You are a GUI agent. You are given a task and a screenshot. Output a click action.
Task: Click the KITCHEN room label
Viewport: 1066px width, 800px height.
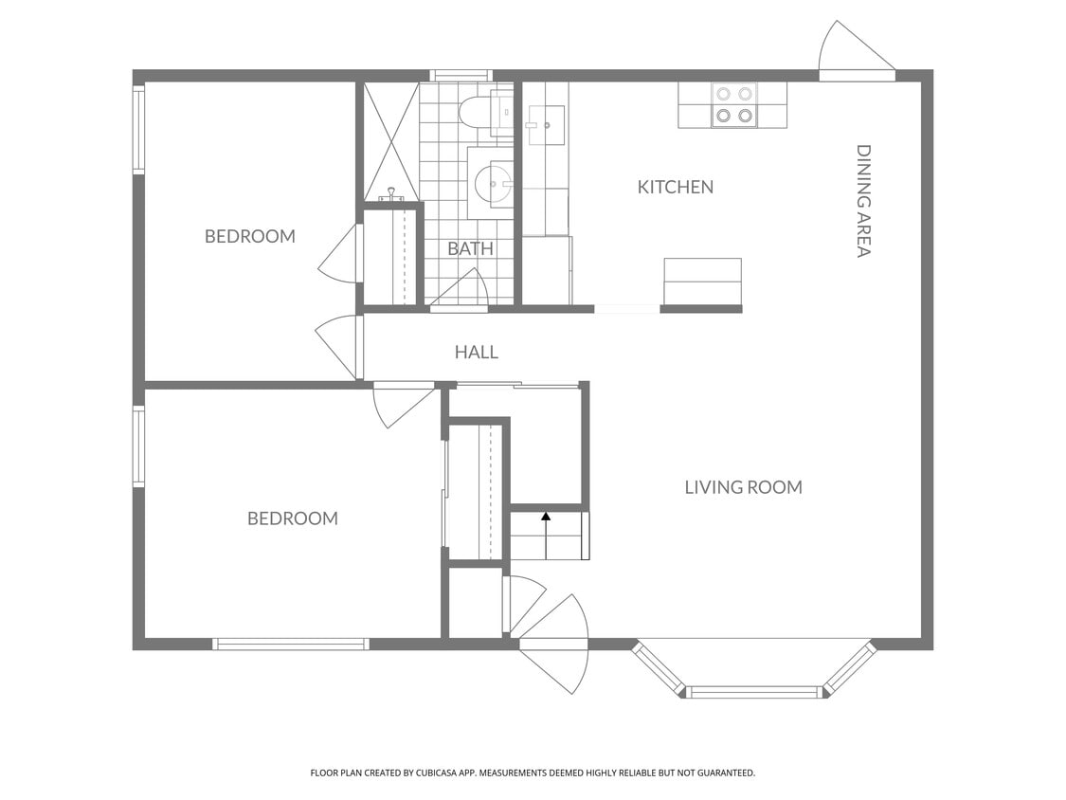click(675, 187)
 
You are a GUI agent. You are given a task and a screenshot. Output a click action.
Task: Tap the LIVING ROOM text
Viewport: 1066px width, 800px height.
click(743, 487)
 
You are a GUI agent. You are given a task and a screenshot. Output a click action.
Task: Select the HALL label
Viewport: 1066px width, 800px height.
click(476, 352)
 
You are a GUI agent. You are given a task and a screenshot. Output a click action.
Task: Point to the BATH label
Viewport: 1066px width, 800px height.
click(470, 249)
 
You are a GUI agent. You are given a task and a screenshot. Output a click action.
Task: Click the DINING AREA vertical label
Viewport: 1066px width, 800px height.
click(863, 201)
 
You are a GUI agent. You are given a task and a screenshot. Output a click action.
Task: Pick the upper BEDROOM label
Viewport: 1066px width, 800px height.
click(250, 236)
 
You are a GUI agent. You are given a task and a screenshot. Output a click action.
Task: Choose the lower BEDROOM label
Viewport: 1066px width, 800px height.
click(293, 518)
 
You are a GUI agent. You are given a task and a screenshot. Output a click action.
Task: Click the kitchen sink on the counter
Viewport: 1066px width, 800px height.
click(546, 126)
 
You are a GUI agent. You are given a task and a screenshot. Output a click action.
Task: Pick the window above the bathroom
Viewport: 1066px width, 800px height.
click(461, 75)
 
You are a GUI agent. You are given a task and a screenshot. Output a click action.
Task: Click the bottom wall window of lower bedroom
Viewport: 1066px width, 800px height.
click(291, 645)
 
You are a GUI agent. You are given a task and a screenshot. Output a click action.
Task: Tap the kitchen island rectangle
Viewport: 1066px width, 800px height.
click(702, 281)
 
